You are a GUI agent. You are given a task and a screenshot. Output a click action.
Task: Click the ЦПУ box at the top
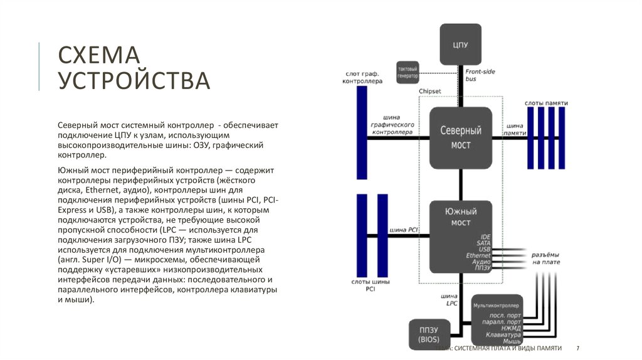(460, 45)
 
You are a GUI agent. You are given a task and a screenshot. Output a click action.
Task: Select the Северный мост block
(460, 137)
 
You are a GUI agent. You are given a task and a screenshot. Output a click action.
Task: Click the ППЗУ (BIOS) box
(428, 334)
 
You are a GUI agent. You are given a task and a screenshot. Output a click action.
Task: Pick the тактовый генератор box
(408, 71)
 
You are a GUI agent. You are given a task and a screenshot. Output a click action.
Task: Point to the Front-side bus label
(480, 75)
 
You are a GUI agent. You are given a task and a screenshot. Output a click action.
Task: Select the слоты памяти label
(546, 102)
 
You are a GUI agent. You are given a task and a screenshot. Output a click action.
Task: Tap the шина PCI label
(404, 230)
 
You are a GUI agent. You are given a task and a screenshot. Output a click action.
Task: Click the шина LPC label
(449, 299)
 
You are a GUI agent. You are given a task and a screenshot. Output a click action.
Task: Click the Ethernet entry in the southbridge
(478, 256)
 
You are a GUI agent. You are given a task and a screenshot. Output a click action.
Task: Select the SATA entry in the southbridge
(483, 243)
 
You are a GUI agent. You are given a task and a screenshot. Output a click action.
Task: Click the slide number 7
(577, 347)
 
